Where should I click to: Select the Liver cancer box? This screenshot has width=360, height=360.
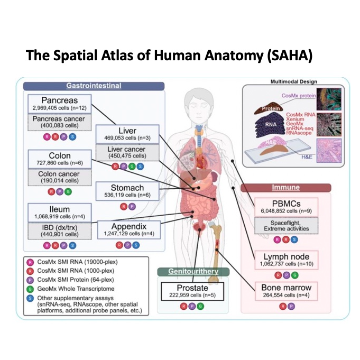[127, 153]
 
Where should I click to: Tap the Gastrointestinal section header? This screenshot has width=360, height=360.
[94, 86]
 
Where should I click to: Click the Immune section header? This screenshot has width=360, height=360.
[286, 187]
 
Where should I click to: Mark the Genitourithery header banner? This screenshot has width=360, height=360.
[192, 272]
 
